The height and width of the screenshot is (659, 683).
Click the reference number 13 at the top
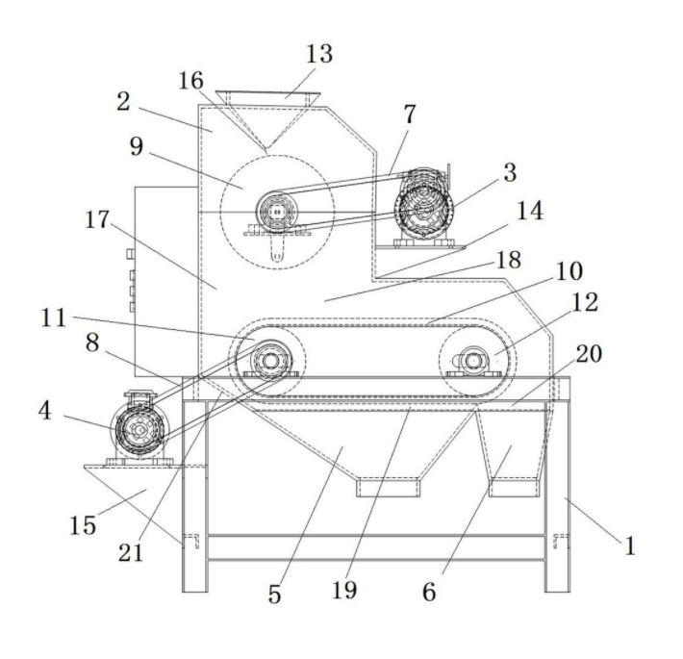pyautogui.click(x=320, y=54)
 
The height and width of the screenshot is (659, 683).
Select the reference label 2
pyautogui.click(x=123, y=102)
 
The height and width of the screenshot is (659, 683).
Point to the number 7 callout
pyautogui.click(x=410, y=114)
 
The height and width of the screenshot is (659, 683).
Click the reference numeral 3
pyautogui.click(x=509, y=172)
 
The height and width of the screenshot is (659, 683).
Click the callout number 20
pyautogui.click(x=588, y=353)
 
